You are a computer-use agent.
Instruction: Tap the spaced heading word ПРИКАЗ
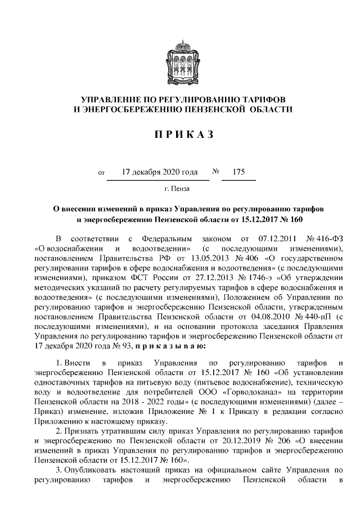[179, 135]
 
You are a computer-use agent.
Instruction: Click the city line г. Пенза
[177, 188]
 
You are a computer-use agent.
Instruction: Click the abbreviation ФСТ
[123, 277]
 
